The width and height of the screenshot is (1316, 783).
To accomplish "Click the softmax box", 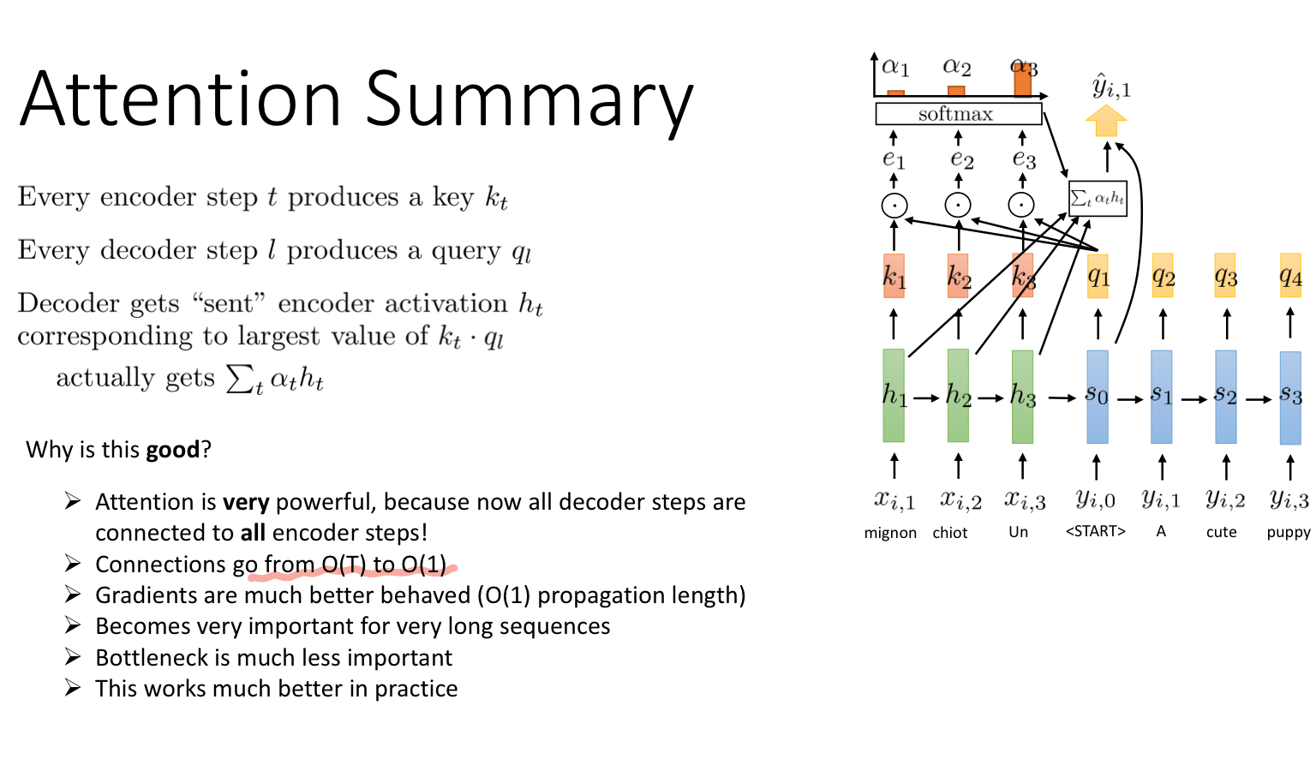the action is [x=958, y=114].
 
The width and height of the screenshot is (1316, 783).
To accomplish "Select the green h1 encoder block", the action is [x=894, y=395].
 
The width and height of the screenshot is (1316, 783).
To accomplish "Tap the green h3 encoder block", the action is [x=1022, y=395].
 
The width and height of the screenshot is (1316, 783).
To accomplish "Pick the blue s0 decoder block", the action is [x=1097, y=396].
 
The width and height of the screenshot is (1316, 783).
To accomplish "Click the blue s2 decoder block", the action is [x=1226, y=396].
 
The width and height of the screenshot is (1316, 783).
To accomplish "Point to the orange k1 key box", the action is [x=894, y=276].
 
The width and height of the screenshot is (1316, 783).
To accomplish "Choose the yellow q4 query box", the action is [x=1290, y=276].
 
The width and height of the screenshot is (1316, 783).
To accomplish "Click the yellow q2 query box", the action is [x=1163, y=276].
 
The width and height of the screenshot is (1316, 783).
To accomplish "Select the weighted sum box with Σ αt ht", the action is [x=1098, y=199].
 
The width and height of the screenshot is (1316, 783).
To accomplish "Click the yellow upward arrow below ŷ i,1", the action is [x=1106, y=121].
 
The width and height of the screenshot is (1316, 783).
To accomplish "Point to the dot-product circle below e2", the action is [x=958, y=205].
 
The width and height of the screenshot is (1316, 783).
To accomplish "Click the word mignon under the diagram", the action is [x=890, y=533].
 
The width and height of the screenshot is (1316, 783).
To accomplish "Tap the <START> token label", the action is [x=1095, y=531].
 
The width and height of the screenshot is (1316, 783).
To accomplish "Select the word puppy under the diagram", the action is [x=1289, y=533].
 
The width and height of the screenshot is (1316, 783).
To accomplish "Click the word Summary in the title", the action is [x=529, y=100].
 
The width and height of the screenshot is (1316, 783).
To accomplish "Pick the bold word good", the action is [x=172, y=450].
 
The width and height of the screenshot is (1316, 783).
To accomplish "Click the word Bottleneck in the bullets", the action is [x=151, y=658].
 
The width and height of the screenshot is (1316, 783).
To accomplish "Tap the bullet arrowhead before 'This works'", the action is [x=73, y=688].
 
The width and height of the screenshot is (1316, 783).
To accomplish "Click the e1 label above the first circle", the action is [x=894, y=159].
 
